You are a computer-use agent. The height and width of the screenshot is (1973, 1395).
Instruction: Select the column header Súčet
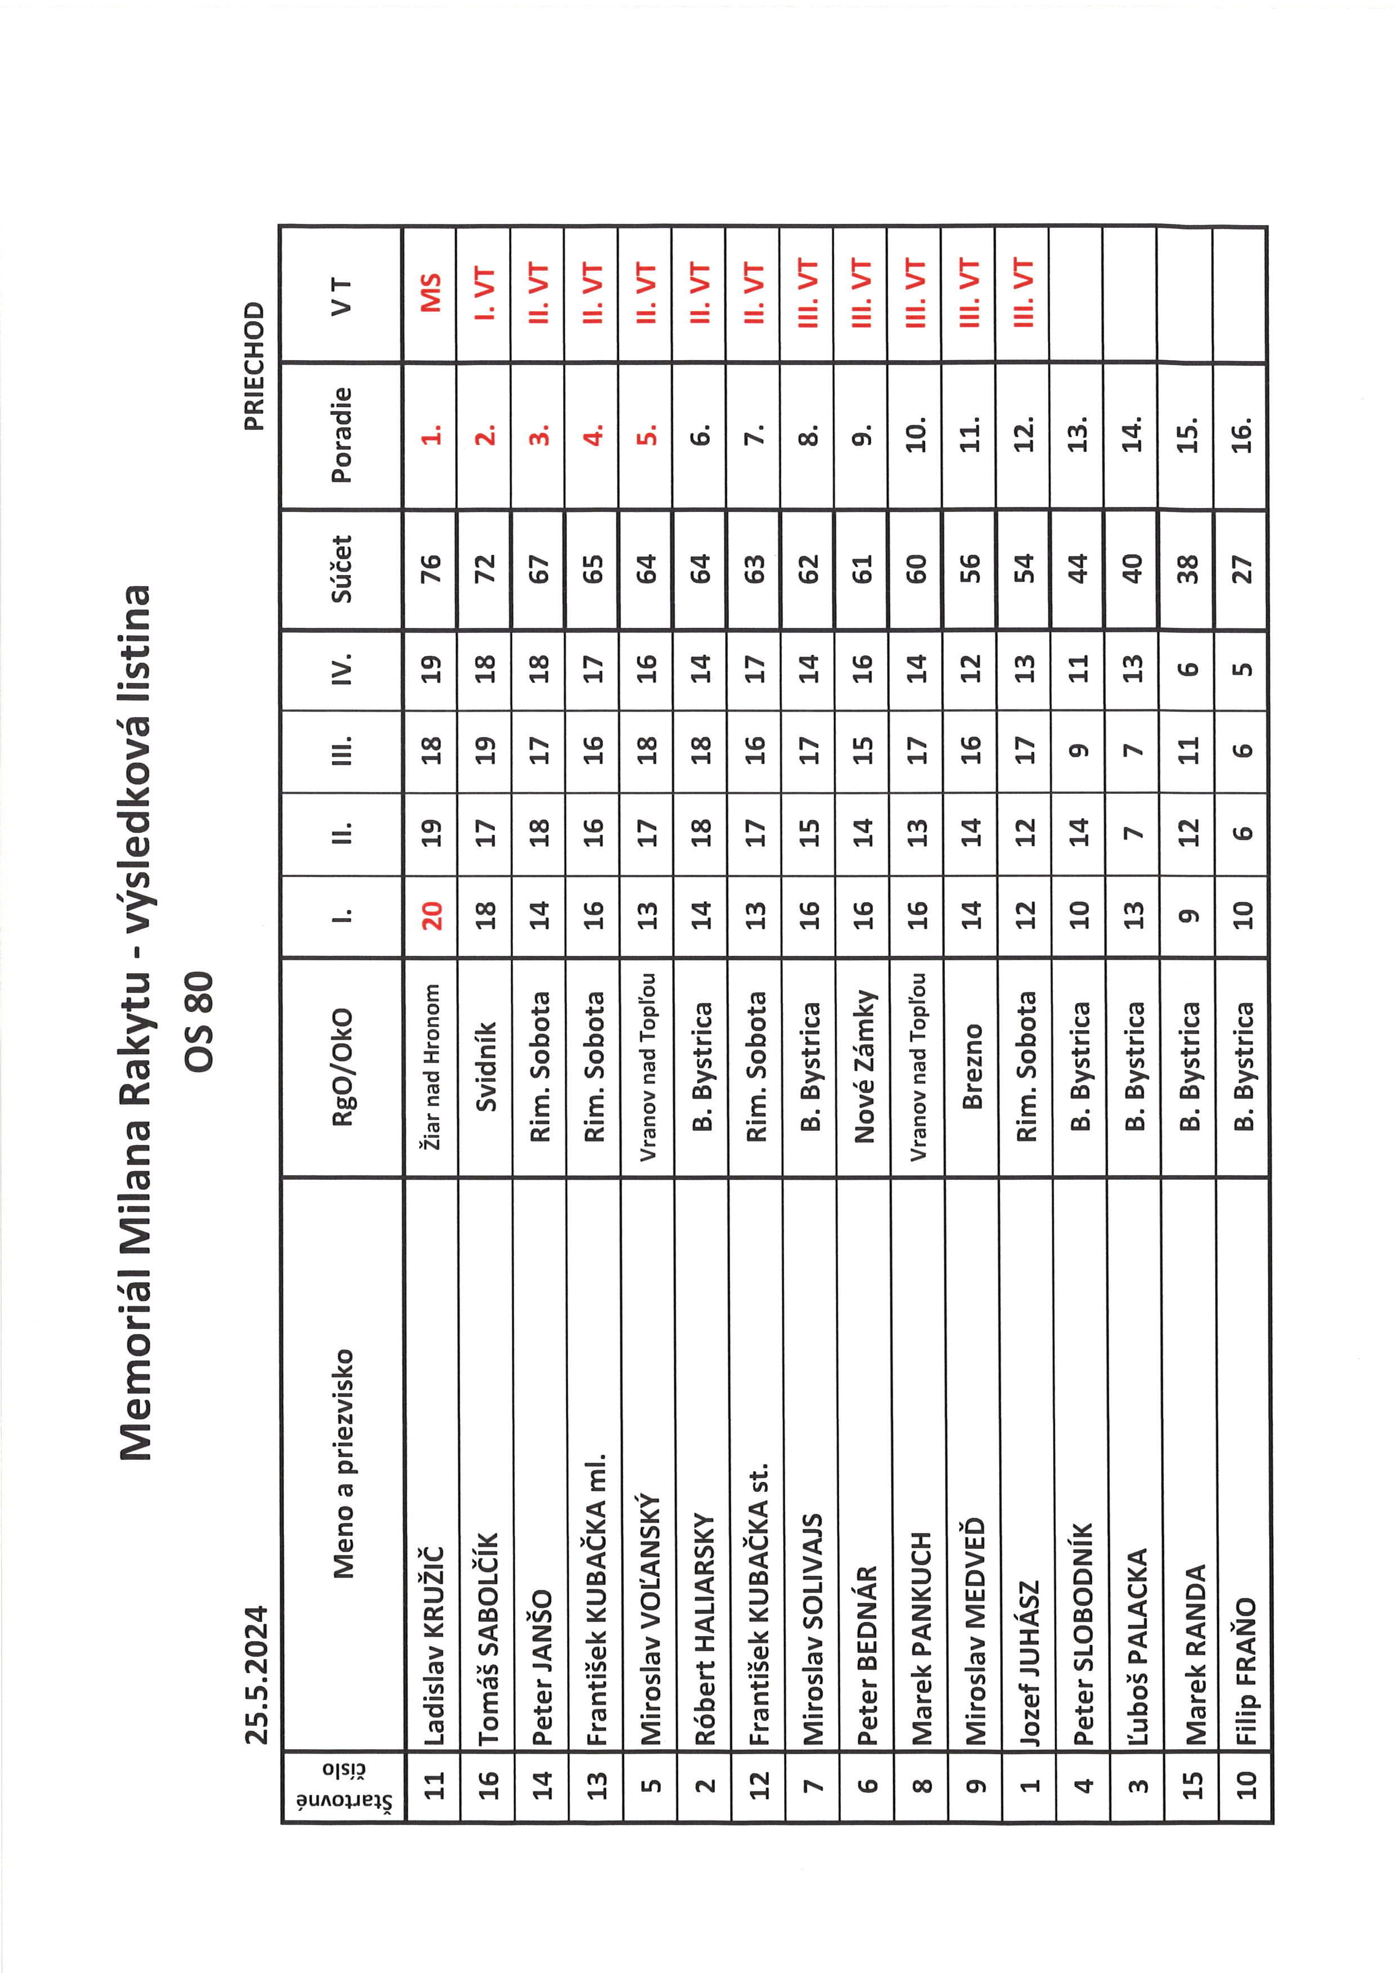pos(342,569)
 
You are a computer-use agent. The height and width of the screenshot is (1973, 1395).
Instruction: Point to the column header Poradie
pos(342,435)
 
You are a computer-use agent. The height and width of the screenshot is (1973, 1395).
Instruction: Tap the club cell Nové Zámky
pos(863,1066)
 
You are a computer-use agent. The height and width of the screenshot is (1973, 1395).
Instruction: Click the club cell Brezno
pos(971,1066)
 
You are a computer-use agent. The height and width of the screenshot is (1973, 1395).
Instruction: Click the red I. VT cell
pos(486,293)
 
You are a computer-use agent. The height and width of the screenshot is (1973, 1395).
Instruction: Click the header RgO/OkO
pos(342,1066)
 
